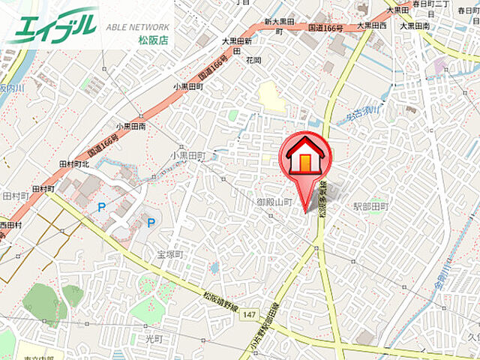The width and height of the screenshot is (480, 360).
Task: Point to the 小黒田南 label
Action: [131, 127]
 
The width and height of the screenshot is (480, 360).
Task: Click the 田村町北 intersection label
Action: [73, 163]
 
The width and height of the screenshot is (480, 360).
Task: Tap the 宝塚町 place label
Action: [170, 254]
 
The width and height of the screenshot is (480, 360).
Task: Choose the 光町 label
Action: [153, 339]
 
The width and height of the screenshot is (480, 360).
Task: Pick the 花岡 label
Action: [253, 59]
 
